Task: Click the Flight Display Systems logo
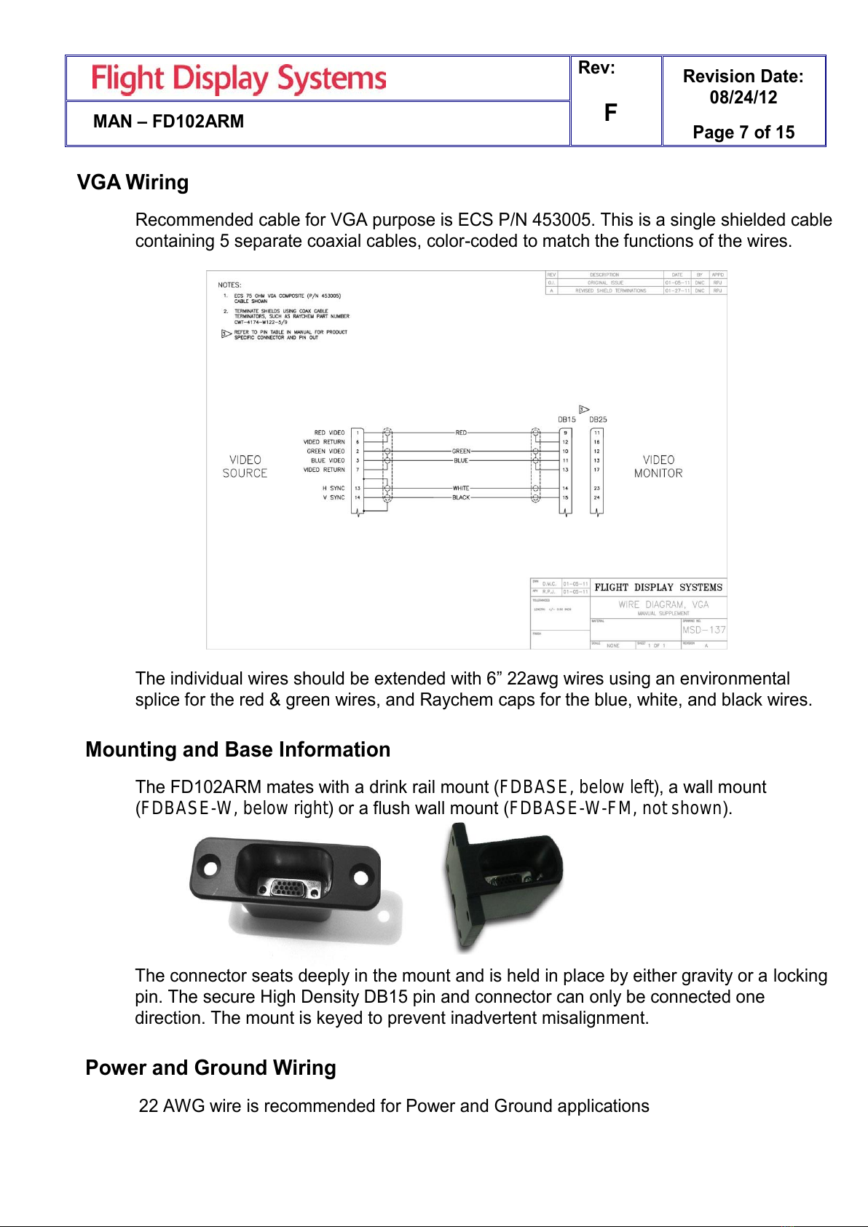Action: [x=239, y=79]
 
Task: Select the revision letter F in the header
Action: [x=610, y=112]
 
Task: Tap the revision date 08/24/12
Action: [x=743, y=98]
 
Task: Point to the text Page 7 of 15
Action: [x=743, y=133]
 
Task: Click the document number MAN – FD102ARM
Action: [x=168, y=122]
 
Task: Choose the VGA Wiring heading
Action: [x=133, y=182]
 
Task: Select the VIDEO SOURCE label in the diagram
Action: [x=245, y=467]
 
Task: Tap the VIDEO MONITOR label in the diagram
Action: [x=658, y=467]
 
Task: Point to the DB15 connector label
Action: [x=567, y=419]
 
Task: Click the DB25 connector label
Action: [x=598, y=419]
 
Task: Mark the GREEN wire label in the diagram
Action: [x=461, y=451]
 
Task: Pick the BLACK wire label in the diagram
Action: [x=461, y=498]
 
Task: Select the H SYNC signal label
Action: [x=334, y=489]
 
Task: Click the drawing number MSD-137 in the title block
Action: [x=703, y=630]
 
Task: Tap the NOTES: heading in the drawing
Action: [x=229, y=285]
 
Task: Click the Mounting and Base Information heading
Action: [x=237, y=749]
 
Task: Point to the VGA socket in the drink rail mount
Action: [x=289, y=888]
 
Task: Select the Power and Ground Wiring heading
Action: [x=210, y=1068]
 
